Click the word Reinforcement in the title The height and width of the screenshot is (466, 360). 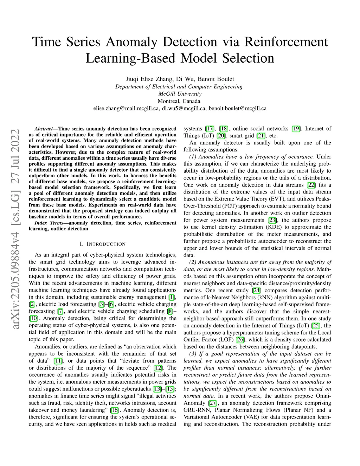(285, 42)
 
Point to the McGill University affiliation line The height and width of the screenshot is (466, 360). (180, 94)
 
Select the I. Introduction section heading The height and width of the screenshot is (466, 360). (102, 244)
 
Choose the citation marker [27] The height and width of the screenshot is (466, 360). (213, 403)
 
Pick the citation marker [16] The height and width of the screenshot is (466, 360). (115, 410)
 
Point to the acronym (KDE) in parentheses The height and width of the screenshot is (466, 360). (282, 227)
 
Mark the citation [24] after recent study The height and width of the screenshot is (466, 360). (256, 291)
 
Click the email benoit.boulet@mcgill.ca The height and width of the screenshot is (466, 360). (237, 108)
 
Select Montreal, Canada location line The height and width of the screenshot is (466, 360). (180, 101)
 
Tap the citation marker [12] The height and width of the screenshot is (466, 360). (159, 368)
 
